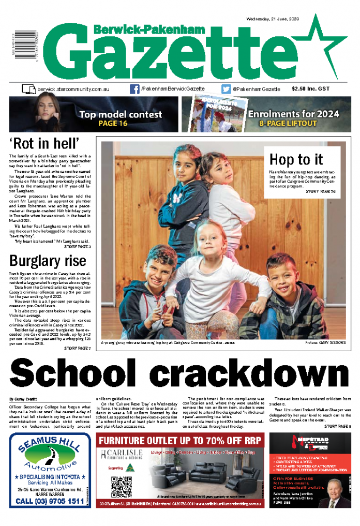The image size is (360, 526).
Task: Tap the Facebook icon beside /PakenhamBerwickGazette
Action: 134,89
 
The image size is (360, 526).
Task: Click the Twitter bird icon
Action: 226,89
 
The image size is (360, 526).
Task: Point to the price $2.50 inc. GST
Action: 310,89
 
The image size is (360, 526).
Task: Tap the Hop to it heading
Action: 296,159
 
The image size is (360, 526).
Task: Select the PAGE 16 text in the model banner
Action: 113,124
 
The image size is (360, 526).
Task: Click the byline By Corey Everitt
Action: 24,399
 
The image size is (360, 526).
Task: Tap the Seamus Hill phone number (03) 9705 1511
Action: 50,501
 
